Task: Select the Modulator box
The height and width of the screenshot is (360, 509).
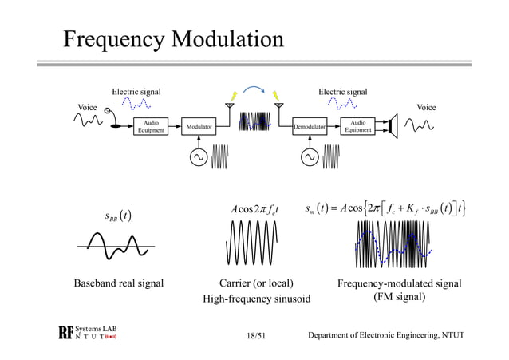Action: click(x=199, y=126)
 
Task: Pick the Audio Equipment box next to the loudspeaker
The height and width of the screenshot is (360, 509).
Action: click(x=358, y=126)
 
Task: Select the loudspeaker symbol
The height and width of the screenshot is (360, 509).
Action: click(x=393, y=125)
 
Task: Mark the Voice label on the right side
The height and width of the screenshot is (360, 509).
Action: click(x=428, y=106)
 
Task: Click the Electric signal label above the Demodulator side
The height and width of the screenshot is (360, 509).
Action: click(x=343, y=92)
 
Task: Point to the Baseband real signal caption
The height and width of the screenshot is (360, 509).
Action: click(x=119, y=283)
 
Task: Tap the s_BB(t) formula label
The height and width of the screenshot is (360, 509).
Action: click(x=118, y=215)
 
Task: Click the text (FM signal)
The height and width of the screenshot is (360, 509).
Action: click(x=400, y=298)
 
